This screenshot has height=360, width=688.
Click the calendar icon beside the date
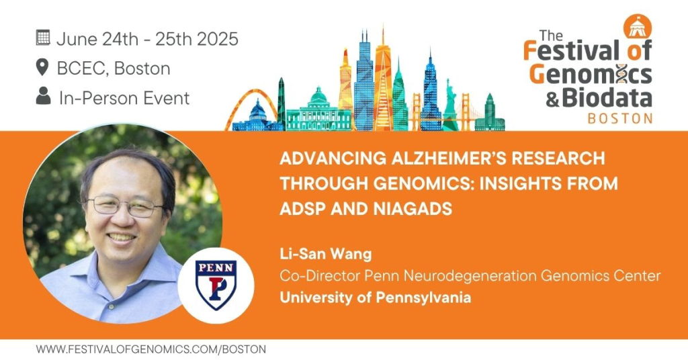click(x=43, y=38)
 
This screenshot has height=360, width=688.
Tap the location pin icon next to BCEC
click(x=42, y=68)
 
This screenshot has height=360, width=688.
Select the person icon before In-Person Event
click(x=43, y=96)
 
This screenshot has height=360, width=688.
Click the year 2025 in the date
click(x=217, y=39)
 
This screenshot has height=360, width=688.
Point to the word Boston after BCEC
click(x=142, y=69)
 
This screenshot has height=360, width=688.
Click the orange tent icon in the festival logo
click(x=638, y=26)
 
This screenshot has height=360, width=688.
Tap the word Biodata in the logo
click(x=607, y=97)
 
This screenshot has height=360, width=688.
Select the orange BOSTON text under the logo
click(x=619, y=118)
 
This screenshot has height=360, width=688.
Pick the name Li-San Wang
click(x=326, y=254)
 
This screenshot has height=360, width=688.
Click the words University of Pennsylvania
click(x=375, y=298)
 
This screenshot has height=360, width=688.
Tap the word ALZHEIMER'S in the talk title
click(x=447, y=158)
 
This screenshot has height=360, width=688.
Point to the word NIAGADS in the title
click(x=413, y=209)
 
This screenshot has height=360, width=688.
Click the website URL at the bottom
click(x=151, y=349)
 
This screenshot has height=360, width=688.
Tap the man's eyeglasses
click(x=125, y=205)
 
